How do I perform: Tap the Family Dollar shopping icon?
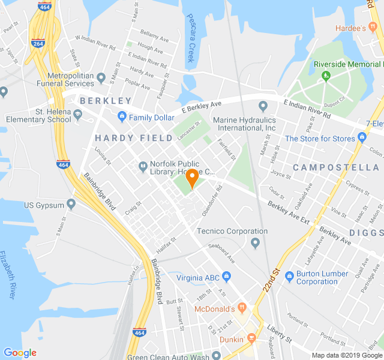122,117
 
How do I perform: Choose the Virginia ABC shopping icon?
226,277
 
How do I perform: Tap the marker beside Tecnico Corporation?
256,243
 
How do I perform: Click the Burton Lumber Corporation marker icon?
290,277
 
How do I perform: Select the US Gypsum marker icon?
71,205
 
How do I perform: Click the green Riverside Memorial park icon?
326,76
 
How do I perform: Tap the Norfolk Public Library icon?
143,166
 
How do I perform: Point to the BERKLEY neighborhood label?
106,101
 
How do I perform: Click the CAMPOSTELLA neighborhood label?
336,167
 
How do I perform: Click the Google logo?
20,353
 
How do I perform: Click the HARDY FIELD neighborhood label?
130,138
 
